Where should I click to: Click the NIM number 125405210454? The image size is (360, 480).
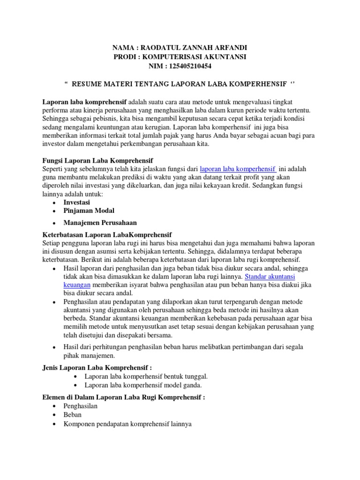[x=193, y=66]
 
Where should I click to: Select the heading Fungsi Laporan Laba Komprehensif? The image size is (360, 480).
[x=98, y=160]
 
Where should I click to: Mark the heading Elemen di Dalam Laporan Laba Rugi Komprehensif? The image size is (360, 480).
[x=124, y=397]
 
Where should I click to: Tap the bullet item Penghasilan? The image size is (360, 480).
[x=80, y=406]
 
